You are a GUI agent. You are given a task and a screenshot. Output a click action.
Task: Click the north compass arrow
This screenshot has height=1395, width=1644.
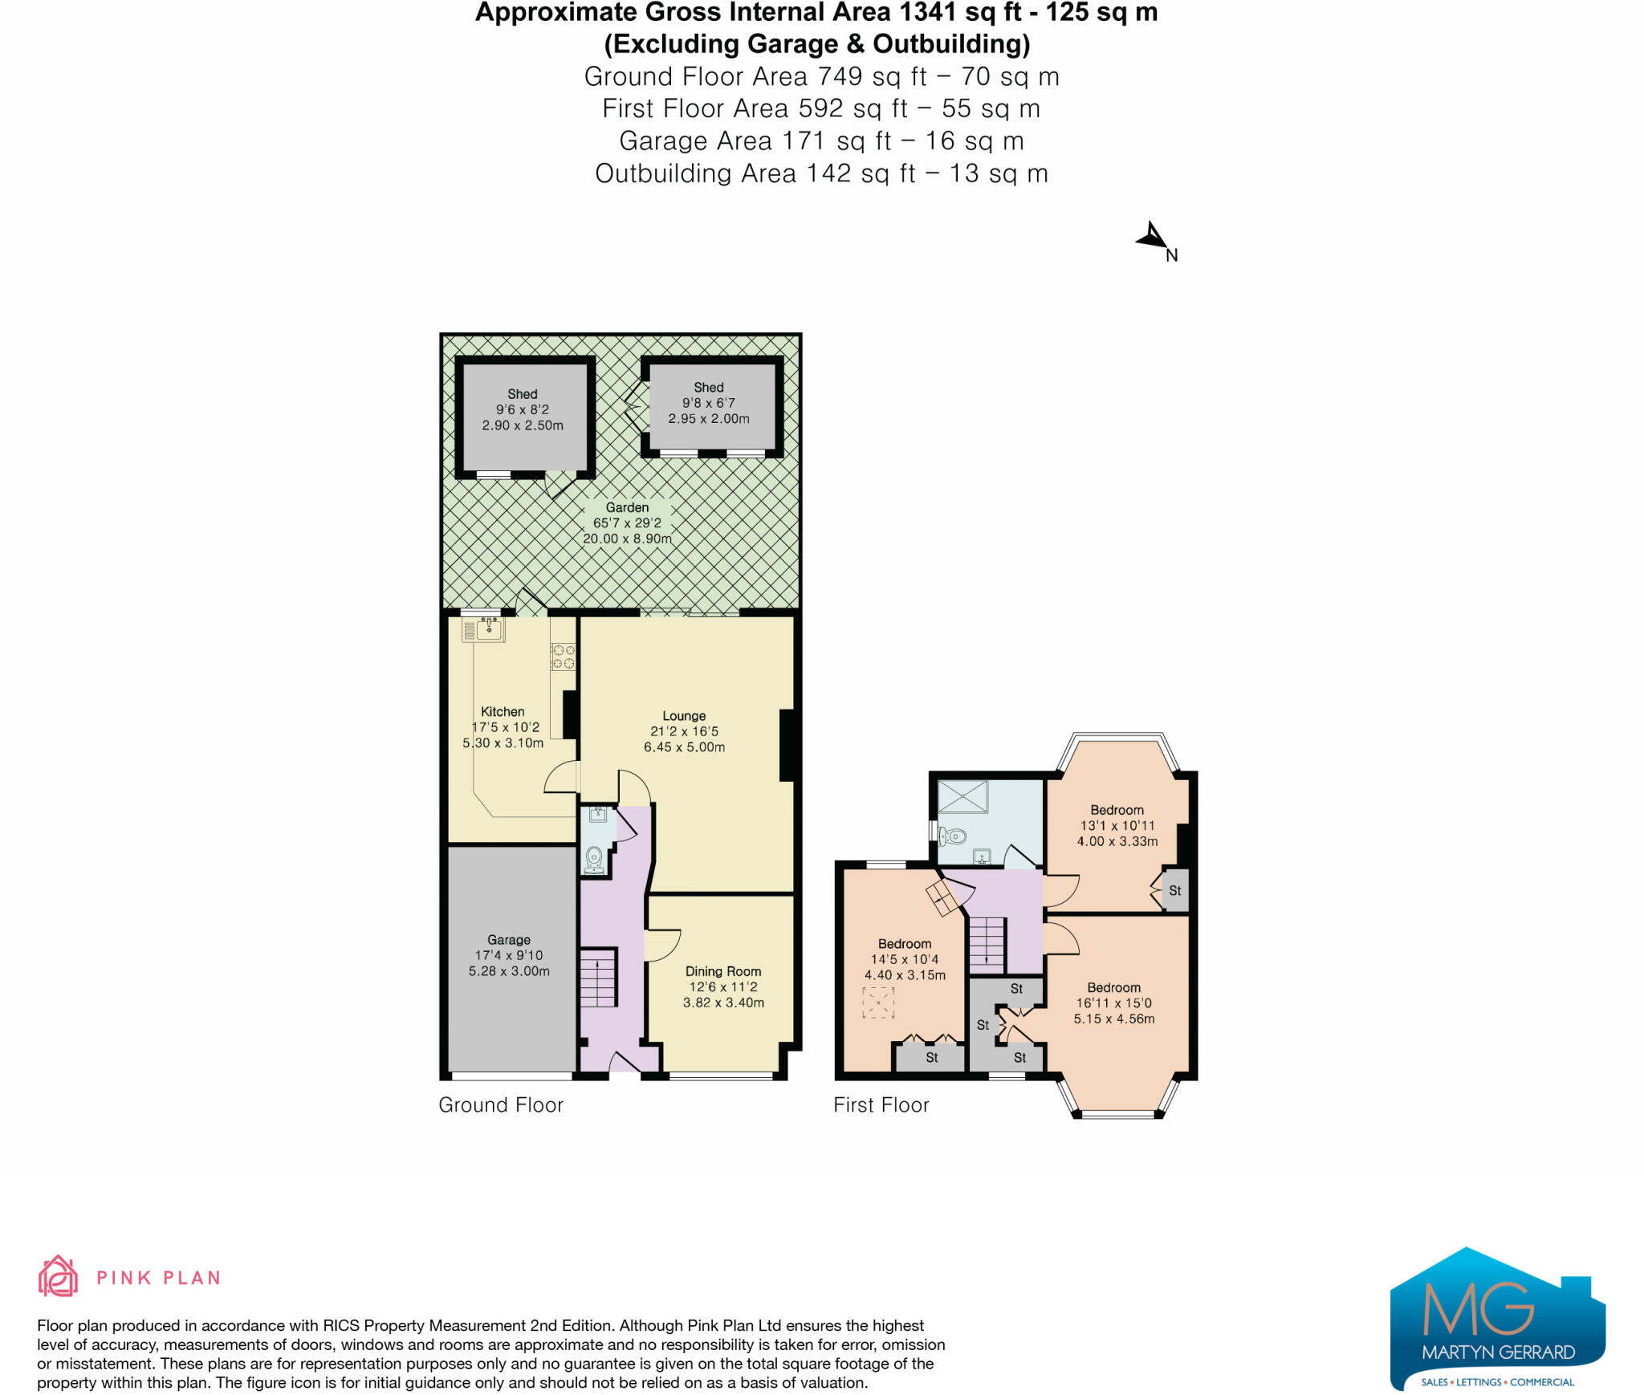1153,238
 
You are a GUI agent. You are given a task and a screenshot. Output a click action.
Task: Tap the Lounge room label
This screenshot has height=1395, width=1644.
684,716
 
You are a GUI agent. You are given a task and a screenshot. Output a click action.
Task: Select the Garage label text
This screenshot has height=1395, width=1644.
509,940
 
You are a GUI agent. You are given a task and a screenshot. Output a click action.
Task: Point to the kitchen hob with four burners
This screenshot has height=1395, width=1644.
563,657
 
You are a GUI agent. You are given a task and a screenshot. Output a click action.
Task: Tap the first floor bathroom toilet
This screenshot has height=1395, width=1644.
954,836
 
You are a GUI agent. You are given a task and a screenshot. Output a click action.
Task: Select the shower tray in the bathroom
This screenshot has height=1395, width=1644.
963,797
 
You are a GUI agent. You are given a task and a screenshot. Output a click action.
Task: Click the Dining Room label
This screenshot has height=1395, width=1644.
722,971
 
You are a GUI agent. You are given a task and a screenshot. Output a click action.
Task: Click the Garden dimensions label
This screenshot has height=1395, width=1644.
627,523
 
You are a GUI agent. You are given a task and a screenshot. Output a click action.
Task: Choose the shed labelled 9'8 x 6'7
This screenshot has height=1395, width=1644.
710,408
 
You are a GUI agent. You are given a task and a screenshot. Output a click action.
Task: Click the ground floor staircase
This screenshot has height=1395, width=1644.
598,978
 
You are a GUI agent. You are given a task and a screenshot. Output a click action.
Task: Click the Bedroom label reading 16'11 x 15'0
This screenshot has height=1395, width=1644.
1113,1003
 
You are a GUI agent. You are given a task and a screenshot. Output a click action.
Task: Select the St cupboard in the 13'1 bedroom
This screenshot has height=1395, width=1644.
1175,891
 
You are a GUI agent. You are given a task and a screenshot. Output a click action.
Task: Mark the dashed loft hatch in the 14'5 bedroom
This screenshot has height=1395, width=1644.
878,1003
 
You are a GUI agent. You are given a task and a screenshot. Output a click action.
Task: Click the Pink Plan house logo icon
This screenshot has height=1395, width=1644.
58,1276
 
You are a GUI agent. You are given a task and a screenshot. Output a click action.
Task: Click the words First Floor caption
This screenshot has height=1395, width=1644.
881,1105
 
